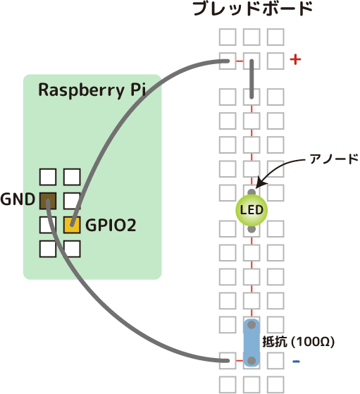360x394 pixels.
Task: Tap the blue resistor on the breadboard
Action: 252,343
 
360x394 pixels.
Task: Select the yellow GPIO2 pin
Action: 72,225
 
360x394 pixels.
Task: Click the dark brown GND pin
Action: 48,200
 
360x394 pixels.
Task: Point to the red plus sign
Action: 295,61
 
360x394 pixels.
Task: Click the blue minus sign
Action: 296,362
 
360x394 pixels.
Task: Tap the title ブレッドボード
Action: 252,10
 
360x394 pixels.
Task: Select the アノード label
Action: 335,159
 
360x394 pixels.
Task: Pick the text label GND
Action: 18,199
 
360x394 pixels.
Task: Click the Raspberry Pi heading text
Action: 92,91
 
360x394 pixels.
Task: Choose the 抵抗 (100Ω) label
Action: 297,342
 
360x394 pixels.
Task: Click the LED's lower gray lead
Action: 252,229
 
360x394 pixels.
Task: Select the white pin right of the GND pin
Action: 72,200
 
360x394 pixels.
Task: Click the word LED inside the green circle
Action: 252,209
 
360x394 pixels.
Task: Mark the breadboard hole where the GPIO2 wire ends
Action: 228,61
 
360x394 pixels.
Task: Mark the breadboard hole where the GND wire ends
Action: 228,361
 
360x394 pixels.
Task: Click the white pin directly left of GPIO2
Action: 48,225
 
